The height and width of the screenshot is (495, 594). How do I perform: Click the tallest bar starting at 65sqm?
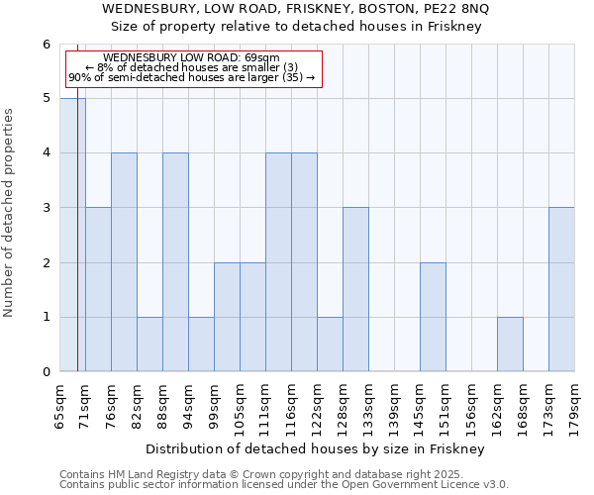tap(72, 235)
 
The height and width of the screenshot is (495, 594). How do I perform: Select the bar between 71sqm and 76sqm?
tap(98, 289)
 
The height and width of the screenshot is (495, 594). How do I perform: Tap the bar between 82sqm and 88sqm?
tap(149, 344)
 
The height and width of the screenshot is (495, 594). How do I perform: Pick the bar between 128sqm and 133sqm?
tap(355, 289)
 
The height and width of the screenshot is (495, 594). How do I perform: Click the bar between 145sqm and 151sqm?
tap(433, 317)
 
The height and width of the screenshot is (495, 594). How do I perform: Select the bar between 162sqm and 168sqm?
tap(510, 344)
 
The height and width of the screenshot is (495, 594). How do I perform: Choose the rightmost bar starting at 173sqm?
tap(561, 289)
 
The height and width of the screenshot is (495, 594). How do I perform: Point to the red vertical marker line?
tap(77, 247)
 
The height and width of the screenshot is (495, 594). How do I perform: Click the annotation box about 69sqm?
tap(194, 68)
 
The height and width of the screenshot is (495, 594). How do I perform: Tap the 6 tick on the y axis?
tap(46, 45)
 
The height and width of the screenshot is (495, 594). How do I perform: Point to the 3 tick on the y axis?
tap(46, 208)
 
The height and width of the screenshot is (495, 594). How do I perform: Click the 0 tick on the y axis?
tap(46, 372)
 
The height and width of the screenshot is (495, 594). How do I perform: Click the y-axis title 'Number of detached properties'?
tap(10, 213)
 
